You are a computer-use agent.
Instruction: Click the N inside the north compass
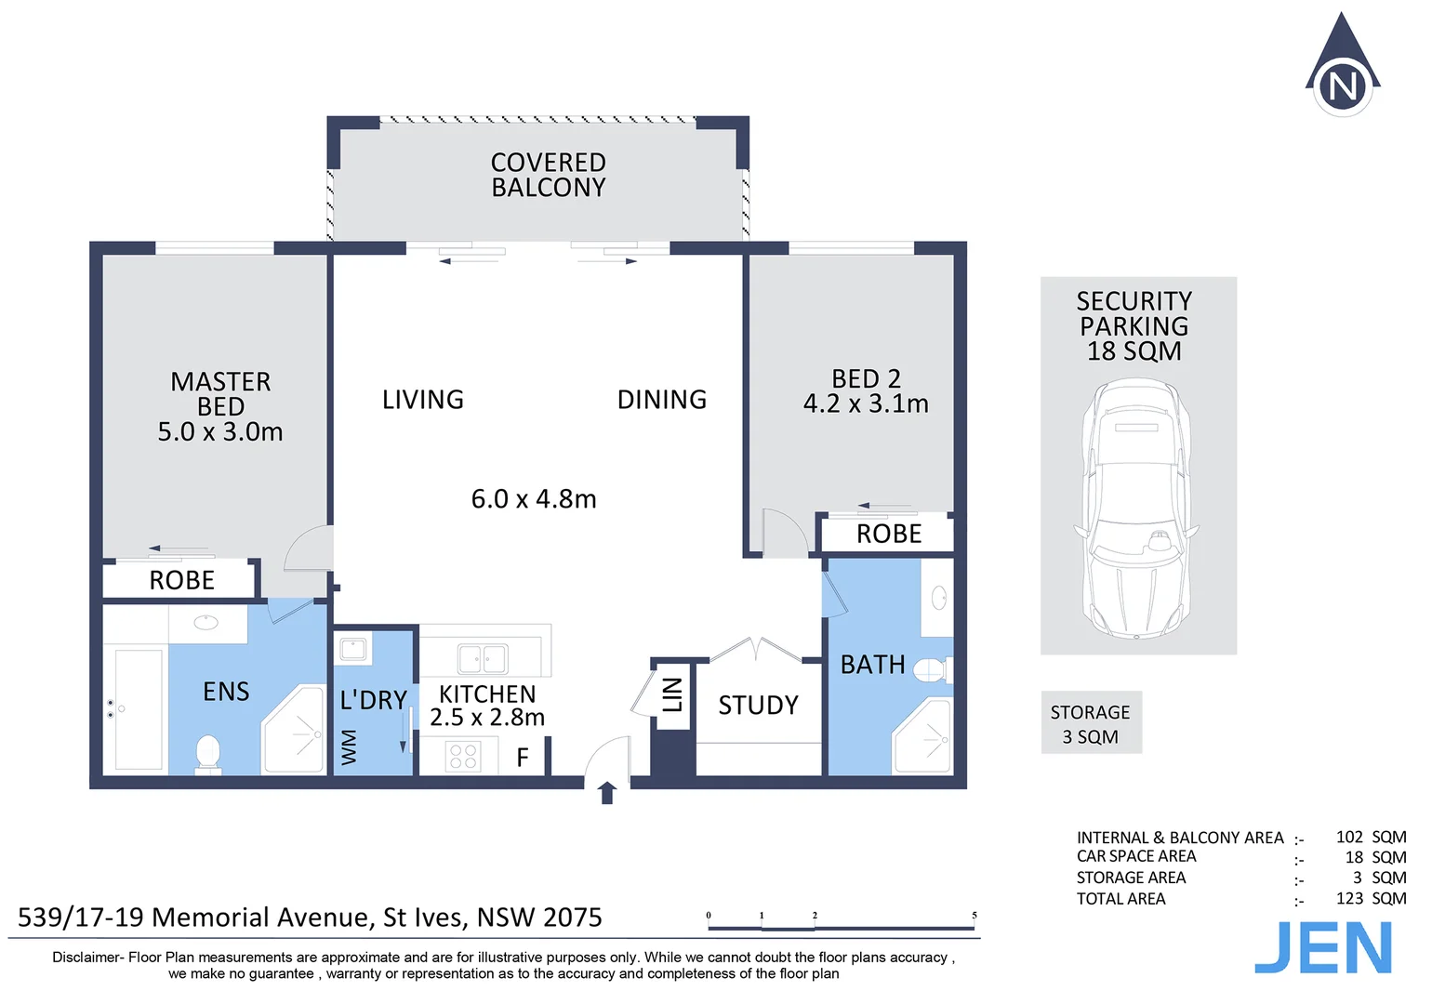click(1343, 86)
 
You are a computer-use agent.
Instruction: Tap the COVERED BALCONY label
click(548, 175)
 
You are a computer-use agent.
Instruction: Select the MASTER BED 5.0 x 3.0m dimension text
click(220, 432)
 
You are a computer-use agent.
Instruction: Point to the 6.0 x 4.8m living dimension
click(534, 499)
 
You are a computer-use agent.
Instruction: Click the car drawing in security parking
click(1136, 509)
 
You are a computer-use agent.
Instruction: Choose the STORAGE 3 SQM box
click(1092, 722)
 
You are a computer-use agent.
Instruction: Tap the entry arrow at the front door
click(607, 792)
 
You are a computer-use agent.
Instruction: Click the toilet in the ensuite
click(207, 754)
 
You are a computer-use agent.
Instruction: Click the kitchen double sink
click(483, 659)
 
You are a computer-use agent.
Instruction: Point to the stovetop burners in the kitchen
click(463, 756)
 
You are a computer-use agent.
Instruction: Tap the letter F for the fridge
click(523, 758)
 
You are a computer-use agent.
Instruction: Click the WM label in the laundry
click(349, 747)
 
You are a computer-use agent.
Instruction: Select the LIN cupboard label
click(672, 694)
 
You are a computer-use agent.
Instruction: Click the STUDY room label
click(758, 706)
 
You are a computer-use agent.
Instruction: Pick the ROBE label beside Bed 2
click(889, 535)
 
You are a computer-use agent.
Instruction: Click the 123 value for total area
click(1349, 898)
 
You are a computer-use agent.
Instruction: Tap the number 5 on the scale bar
click(975, 915)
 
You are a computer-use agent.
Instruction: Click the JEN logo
click(1323, 948)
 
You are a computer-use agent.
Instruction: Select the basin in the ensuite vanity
click(206, 622)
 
